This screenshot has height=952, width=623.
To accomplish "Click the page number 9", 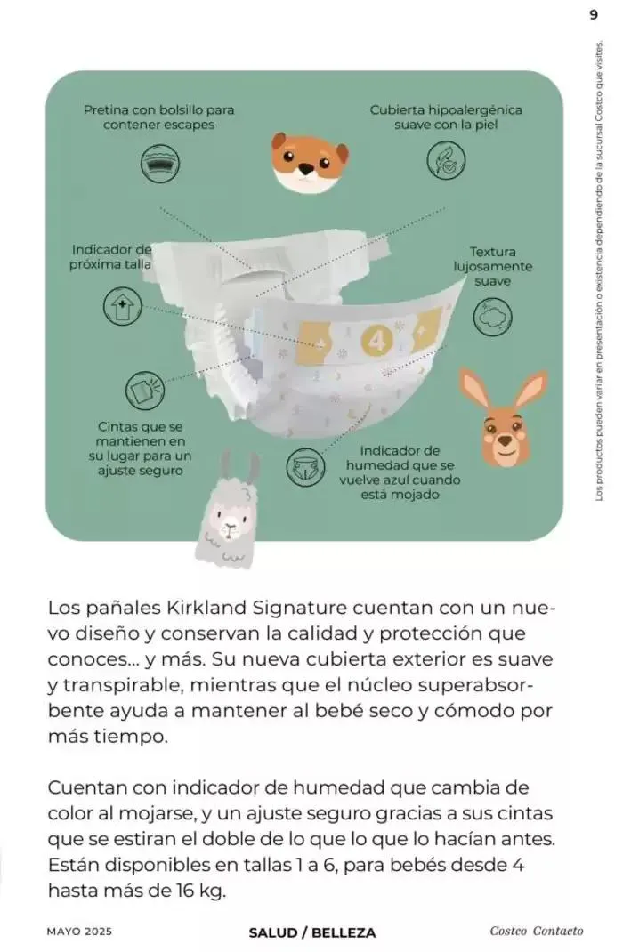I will (x=594, y=14).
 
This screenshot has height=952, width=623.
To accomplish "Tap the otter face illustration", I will (x=309, y=159).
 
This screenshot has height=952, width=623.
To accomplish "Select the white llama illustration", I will (x=229, y=517).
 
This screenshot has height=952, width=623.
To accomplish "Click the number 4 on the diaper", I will (x=373, y=338).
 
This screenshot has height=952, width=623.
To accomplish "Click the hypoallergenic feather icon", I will (x=445, y=163).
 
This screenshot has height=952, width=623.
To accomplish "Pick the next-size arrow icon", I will (x=121, y=305).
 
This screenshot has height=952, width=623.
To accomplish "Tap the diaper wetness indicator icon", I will (x=303, y=466).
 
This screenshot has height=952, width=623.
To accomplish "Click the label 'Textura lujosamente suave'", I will (x=492, y=266).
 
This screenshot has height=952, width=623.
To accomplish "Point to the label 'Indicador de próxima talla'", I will (x=111, y=256).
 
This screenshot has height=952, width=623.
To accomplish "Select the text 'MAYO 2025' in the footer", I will (x=80, y=932).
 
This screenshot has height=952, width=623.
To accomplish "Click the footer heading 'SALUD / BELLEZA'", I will (x=311, y=932).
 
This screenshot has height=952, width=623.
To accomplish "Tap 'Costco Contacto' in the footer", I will (x=536, y=932).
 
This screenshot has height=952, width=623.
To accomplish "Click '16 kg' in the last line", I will (x=202, y=891).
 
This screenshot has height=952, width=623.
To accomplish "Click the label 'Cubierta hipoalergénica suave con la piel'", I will (x=445, y=117).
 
